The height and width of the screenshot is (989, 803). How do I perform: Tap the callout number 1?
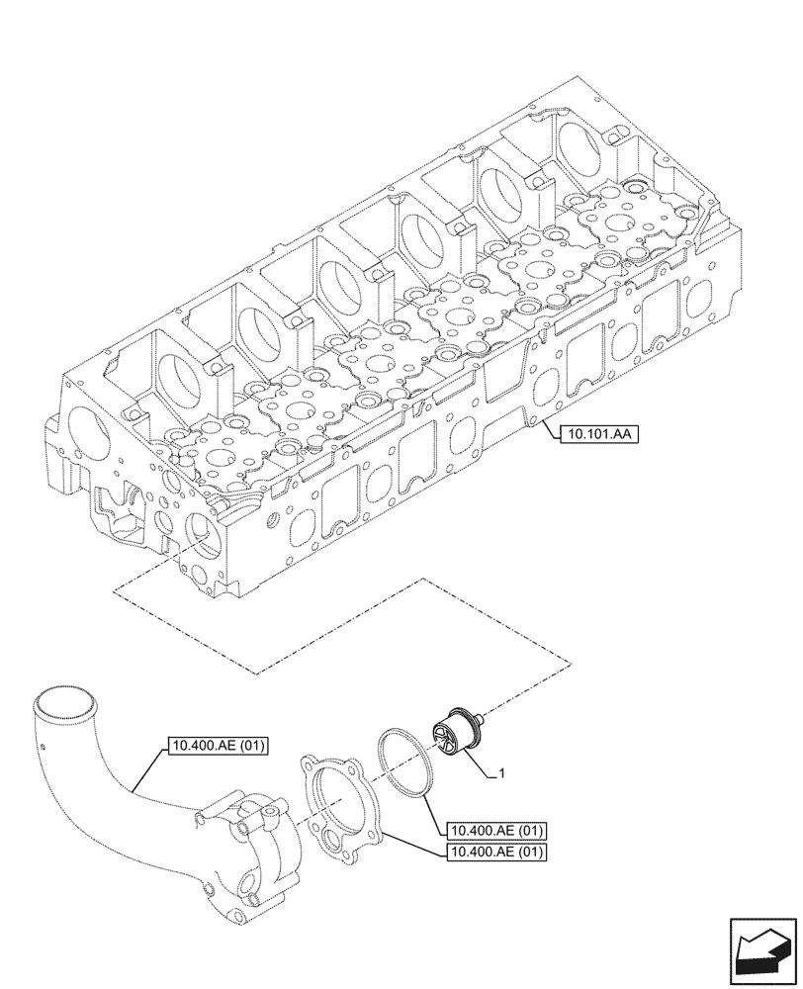(x=503, y=774)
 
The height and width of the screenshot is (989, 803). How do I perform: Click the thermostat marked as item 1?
(x=456, y=736)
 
